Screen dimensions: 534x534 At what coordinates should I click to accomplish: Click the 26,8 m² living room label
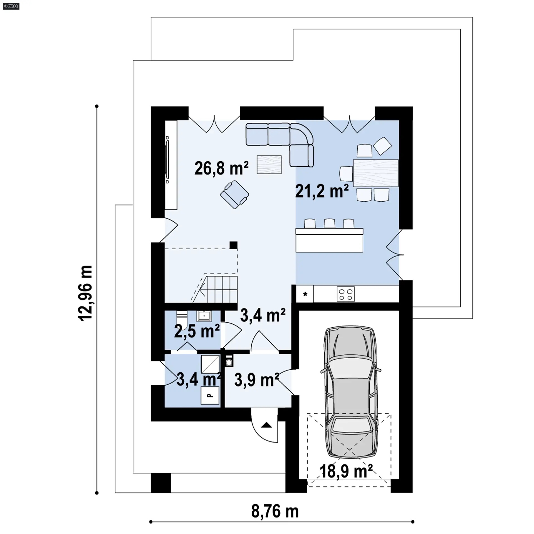pos(221,168)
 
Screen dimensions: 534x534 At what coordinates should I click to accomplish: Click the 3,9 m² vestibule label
pos(257,380)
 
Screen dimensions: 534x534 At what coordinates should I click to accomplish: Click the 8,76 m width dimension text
pos(275,511)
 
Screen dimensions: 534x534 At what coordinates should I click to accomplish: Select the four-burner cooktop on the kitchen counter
pos(346,294)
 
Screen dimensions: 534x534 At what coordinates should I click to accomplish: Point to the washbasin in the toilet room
pos(204,316)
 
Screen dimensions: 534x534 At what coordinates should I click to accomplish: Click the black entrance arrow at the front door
pos(266,425)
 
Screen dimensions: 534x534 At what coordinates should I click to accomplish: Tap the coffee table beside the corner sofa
pos(269,165)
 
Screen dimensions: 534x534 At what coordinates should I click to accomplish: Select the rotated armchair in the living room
pos(234,194)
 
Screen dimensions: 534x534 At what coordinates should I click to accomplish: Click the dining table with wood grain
pos(376,173)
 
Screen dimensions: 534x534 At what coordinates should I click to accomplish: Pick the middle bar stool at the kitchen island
pos(330,224)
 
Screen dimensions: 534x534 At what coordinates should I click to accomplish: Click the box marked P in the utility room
pos(210,395)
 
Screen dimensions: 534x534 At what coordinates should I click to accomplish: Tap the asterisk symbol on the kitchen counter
pos(305,294)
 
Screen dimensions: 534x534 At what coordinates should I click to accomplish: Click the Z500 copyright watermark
pos(11,6)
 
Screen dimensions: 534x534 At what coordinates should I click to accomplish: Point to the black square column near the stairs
pos(233,245)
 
